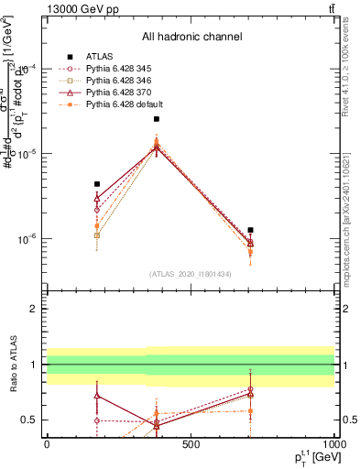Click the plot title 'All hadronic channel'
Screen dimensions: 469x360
(x=191, y=37)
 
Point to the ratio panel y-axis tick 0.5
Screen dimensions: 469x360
(x=30, y=420)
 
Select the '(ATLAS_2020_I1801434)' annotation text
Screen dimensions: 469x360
(x=191, y=274)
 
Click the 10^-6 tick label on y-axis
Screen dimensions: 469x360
(x=26, y=239)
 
